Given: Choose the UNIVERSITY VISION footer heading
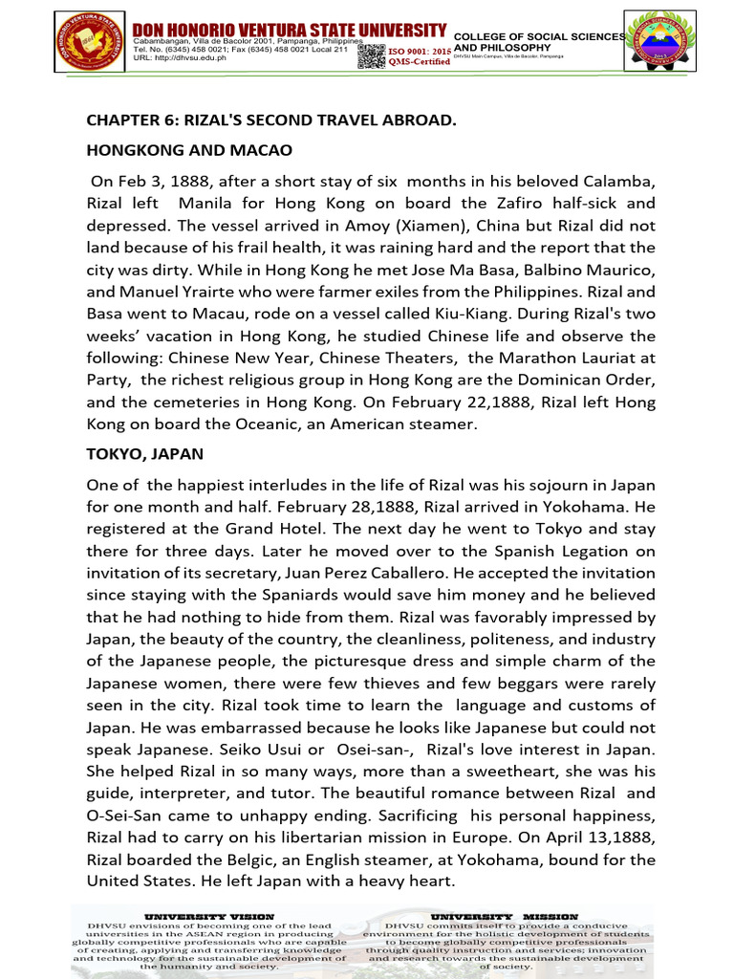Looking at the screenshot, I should pyautogui.click(x=208, y=916).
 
